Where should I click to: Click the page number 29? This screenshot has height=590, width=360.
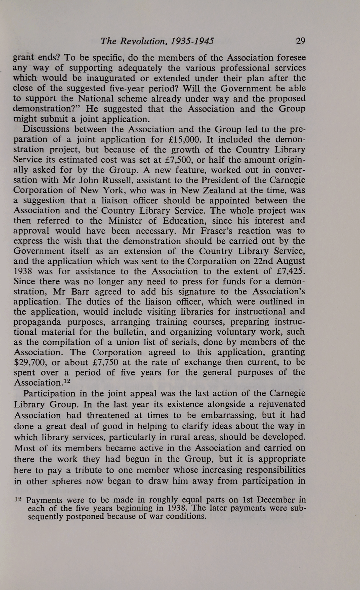tap(300, 41)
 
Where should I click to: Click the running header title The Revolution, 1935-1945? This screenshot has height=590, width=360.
tap(157, 42)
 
